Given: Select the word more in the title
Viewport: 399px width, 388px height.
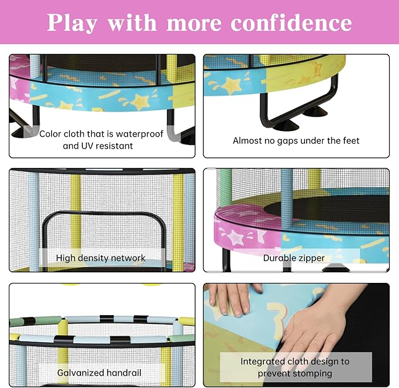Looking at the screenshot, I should (x=195, y=23).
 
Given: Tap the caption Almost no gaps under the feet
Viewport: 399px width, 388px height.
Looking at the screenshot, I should (x=296, y=140).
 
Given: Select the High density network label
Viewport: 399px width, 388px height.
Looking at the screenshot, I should (x=100, y=258).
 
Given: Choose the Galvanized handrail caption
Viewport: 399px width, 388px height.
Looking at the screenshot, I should (x=99, y=372).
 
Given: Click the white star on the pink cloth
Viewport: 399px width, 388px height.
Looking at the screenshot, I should (x=235, y=237).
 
